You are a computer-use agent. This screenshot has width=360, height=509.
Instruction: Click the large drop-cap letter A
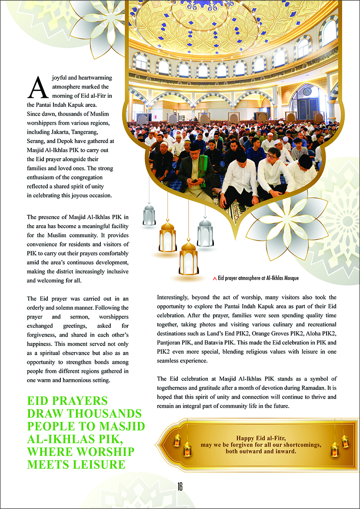click(x=36, y=87)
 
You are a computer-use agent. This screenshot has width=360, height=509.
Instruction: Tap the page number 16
click(x=180, y=486)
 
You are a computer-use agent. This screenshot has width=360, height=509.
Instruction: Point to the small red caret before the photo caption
click(x=214, y=278)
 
